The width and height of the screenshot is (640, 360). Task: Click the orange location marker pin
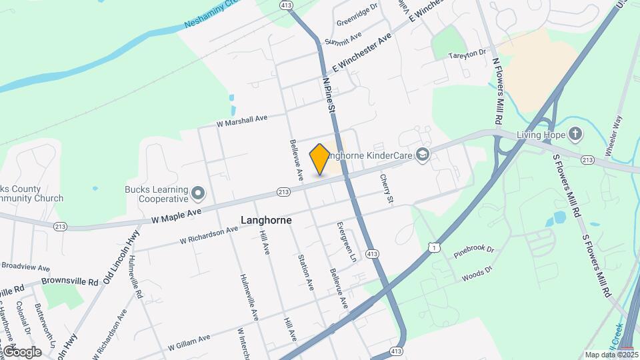pyautogui.click(x=320, y=159)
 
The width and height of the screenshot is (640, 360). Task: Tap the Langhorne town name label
pyautogui.click(x=266, y=219)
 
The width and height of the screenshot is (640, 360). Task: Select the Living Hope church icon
pyautogui.click(x=575, y=135)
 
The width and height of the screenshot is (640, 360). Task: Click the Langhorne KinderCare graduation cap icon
pyautogui.click(x=422, y=155)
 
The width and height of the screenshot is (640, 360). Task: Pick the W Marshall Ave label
pyautogui.click(x=241, y=121)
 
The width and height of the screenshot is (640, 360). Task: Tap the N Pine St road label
pyautogui.click(x=329, y=93)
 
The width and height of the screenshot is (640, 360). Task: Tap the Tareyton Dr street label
pyautogui.click(x=468, y=54)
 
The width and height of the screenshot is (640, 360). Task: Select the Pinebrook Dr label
pyautogui.click(x=473, y=251)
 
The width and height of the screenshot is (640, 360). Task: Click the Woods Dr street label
pyautogui.click(x=476, y=272)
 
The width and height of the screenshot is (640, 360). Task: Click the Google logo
pyautogui.click(x=22, y=351)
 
